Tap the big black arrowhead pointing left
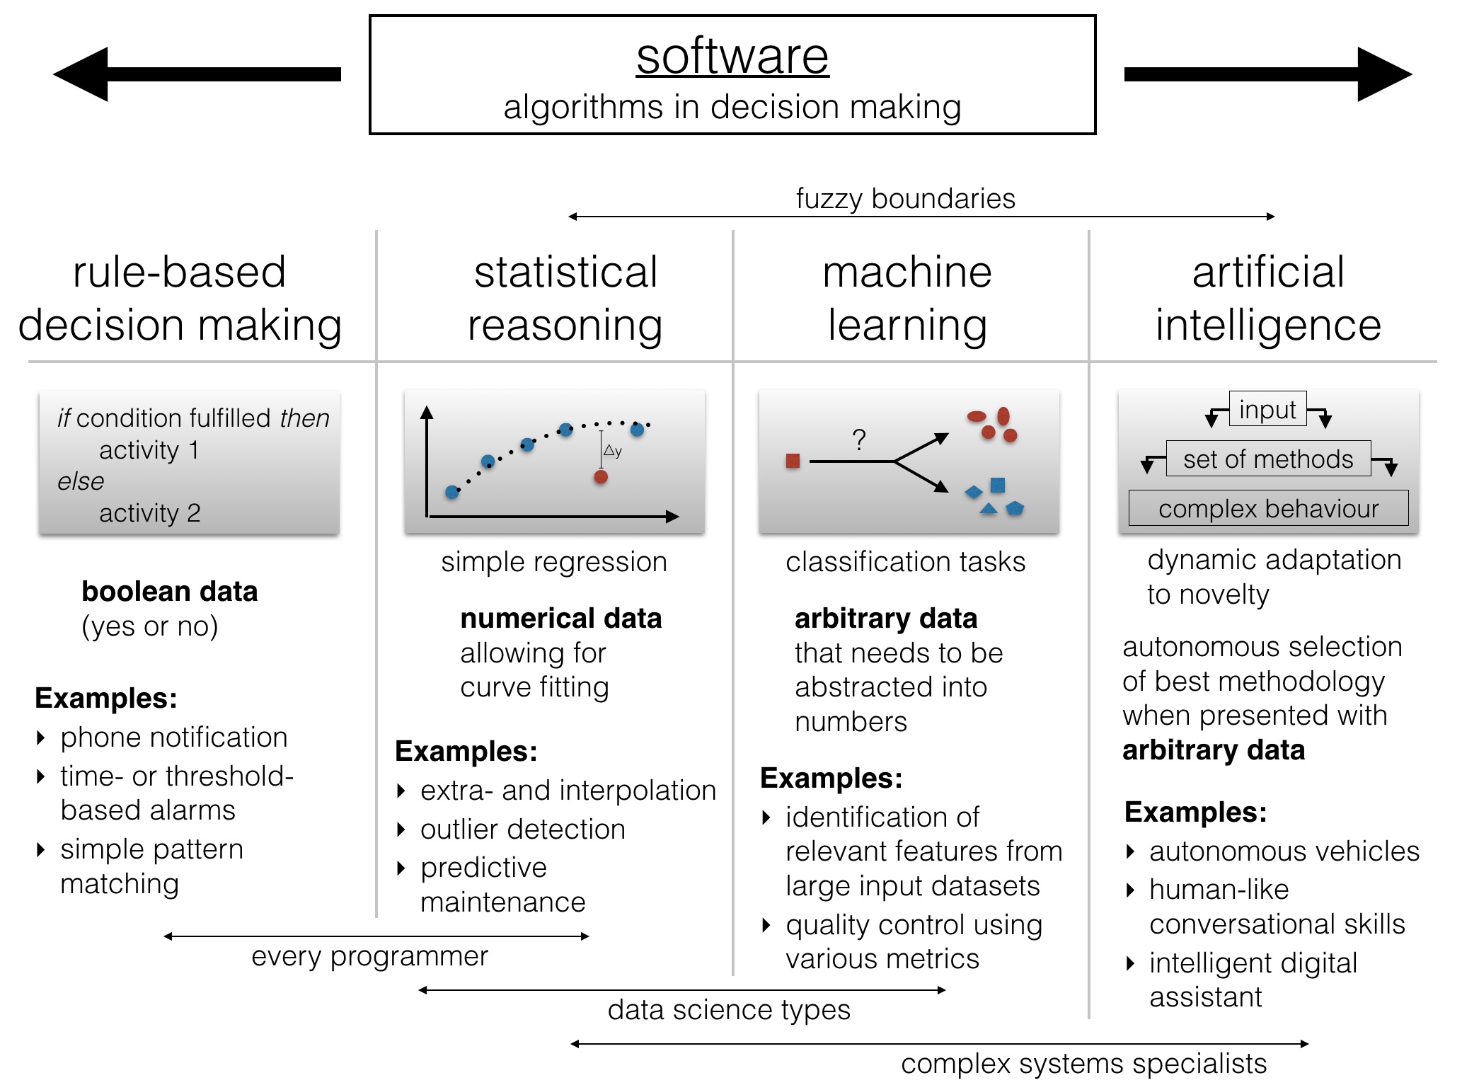coord(81,74)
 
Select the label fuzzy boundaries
coord(905,199)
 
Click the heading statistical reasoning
coord(565,299)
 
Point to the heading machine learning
coord(907,299)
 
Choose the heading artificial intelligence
coord(1268,299)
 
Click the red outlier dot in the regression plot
coord(601,477)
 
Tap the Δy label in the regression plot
coord(613,451)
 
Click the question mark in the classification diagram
coord(859,440)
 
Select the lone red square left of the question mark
coord(793,461)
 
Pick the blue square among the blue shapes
coord(998,485)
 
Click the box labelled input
coord(1268,410)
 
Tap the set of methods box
coord(1268,459)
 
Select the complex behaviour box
coord(1268,508)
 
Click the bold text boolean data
coord(170,592)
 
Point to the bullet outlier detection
coord(523,829)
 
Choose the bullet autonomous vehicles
coord(1284,851)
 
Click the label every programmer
coord(370,957)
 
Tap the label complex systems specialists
coord(1084,1064)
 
